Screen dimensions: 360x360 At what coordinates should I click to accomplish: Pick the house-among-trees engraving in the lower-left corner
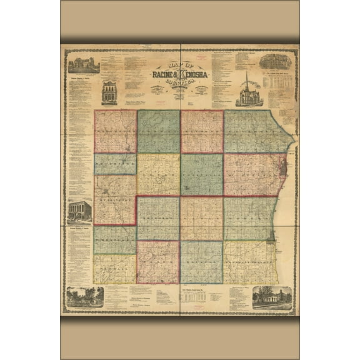coord(84,297)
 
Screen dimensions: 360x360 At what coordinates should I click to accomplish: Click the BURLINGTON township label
coord(115,195)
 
